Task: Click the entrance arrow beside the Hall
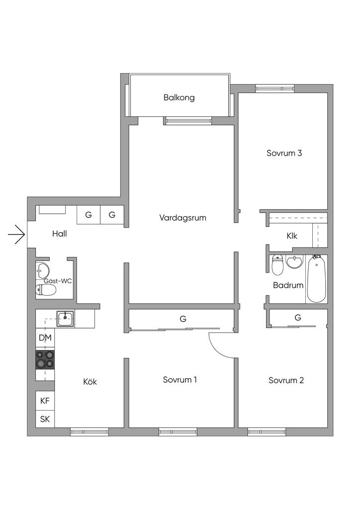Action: [17, 234]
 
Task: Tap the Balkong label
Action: [179, 97]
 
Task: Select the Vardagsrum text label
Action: [182, 218]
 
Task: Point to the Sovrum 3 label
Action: [284, 153]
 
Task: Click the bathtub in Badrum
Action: [316, 278]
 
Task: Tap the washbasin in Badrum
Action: [295, 261]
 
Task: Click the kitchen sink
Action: [65, 318]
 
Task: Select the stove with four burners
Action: [45, 359]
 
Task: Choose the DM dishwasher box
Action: [45, 339]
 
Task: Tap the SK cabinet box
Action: [45, 419]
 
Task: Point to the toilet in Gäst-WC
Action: [46, 290]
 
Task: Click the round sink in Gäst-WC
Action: [43, 271]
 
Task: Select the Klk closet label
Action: [292, 236]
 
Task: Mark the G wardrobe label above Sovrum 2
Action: [298, 317]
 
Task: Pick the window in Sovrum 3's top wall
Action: [274, 88]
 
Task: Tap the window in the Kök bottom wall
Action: [90, 432]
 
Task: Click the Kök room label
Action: [90, 382]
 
